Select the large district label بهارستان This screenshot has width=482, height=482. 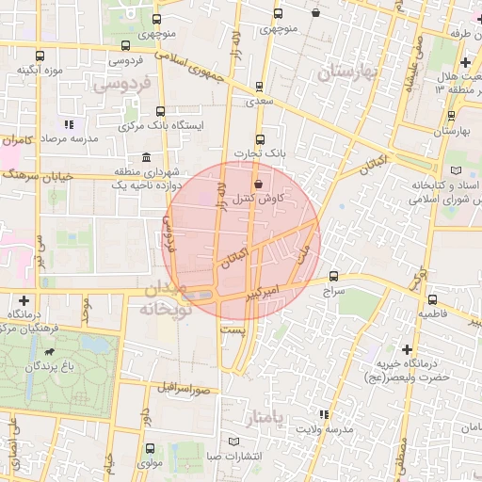click(x=347, y=72)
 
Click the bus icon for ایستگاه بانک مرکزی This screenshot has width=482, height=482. click(x=160, y=110)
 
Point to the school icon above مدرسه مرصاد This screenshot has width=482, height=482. click(x=68, y=123)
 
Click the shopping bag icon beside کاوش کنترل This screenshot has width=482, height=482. click(x=259, y=185)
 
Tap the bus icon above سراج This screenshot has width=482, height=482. click(x=334, y=276)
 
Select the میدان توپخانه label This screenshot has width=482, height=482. click(x=165, y=300)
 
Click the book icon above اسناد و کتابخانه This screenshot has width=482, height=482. click(x=457, y=170)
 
